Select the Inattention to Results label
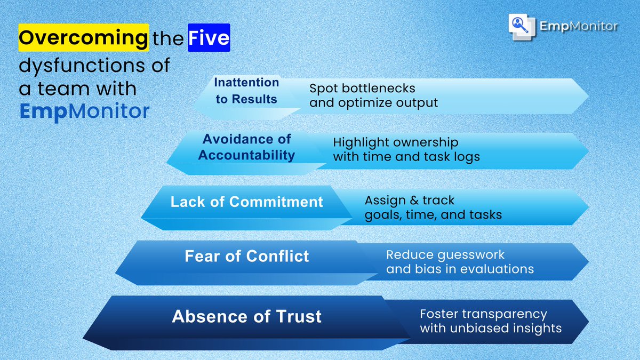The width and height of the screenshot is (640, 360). pos(246,91)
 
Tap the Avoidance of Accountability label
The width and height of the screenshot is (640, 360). pos(246,147)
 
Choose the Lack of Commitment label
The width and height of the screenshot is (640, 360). pos(246,202)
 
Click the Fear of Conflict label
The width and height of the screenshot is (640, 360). pos(246,256)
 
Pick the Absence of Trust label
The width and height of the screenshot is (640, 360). pos(246,316)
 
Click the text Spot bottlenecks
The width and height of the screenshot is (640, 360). pos(362,87)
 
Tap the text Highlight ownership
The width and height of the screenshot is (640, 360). pos(395,142)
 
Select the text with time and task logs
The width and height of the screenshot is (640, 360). pos(406,157)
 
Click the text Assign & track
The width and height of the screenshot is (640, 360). pos(409,201)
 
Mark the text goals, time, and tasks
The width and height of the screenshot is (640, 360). pos(433,215)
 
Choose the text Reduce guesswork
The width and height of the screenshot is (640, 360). pos(445,254)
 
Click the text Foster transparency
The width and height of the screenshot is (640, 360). pos(483,314)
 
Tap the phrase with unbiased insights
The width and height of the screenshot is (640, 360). pos(491,328)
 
